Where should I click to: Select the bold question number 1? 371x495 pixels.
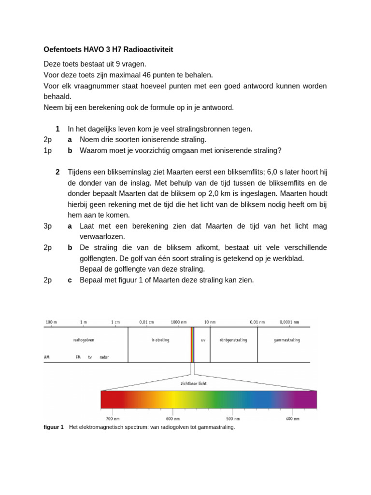[x=57, y=129]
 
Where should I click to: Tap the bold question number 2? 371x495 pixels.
[x=57, y=172]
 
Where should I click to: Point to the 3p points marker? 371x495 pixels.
[x=47, y=226]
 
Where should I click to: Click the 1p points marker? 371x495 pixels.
[x=47, y=150]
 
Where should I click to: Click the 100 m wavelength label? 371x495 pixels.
[x=51, y=322]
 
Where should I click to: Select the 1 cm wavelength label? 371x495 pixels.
[x=115, y=322]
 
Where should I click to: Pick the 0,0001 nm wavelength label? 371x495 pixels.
[x=289, y=322]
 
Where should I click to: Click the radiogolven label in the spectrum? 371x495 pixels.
[x=84, y=340]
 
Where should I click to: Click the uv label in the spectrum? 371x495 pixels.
[x=203, y=340]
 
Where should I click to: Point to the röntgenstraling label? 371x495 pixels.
[x=233, y=340]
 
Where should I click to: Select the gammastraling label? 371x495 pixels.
[x=286, y=340]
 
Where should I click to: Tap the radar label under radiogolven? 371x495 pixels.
[x=104, y=357]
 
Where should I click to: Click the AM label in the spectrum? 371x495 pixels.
[x=47, y=357]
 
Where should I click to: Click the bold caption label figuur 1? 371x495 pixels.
[x=54, y=427]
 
